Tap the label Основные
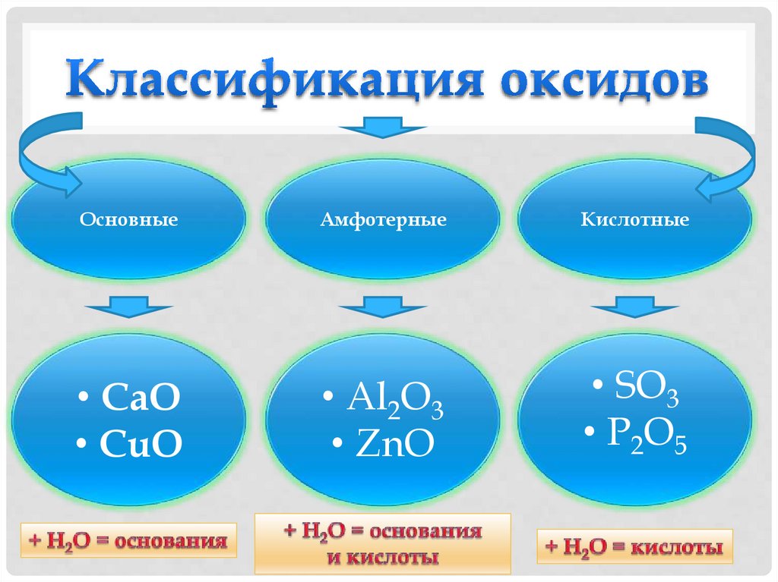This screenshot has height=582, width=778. [129, 221]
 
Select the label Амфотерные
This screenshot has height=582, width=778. [383, 221]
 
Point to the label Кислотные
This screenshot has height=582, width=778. [635, 221]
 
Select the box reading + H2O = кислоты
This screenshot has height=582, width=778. [635, 546]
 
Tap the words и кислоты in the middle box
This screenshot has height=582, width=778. [384, 558]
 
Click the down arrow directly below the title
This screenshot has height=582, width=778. [383, 126]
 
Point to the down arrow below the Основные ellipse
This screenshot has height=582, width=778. [122, 308]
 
